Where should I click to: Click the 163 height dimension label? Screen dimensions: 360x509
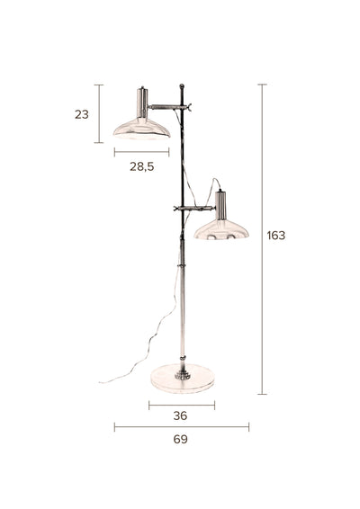(x=275, y=236)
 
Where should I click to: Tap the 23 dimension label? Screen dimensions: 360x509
(x=82, y=114)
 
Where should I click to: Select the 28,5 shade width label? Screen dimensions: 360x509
(x=142, y=166)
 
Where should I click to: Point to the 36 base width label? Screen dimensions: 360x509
(x=180, y=415)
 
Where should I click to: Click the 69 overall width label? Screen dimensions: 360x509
(x=180, y=439)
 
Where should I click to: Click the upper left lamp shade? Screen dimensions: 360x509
(x=141, y=129)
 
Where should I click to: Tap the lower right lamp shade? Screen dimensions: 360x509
(x=221, y=230)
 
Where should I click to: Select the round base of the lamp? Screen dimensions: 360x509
(x=183, y=379)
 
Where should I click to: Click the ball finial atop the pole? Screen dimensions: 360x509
(x=182, y=86)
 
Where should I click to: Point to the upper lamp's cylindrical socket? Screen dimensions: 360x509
(x=142, y=103)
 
